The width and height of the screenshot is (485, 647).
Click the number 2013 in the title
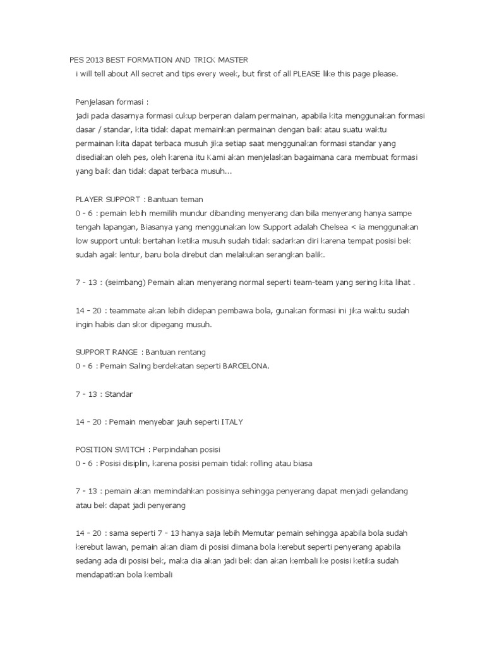click(x=95, y=60)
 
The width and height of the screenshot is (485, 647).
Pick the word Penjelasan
click(x=95, y=102)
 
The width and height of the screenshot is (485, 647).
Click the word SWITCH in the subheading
click(x=128, y=449)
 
